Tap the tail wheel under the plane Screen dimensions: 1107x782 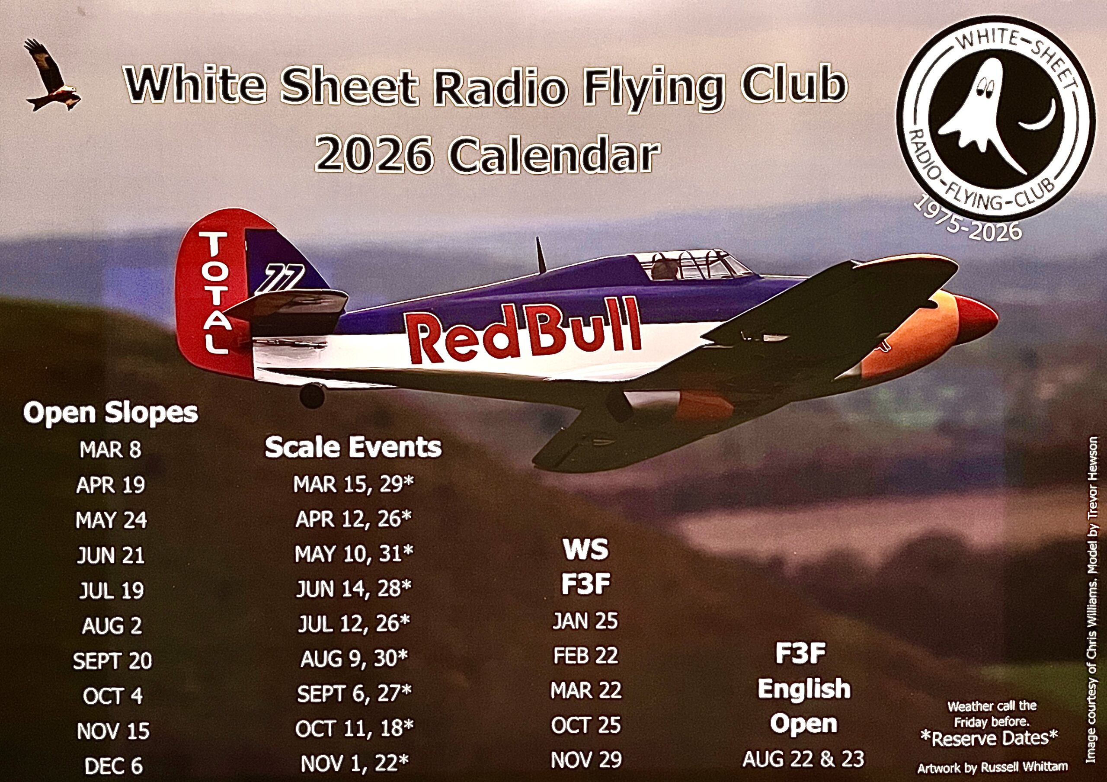point(312,396)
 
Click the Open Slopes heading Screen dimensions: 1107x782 point(111,413)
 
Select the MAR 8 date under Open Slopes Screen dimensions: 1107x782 point(110,450)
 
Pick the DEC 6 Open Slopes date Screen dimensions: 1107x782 point(114,766)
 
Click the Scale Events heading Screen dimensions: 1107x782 point(353,447)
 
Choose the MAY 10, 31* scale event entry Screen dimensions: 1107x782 point(355,554)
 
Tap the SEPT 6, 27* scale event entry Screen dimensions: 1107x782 point(355,693)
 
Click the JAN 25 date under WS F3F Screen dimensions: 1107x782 point(585,621)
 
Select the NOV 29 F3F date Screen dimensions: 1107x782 point(586,760)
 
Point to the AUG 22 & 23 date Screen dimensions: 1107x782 point(803,759)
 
